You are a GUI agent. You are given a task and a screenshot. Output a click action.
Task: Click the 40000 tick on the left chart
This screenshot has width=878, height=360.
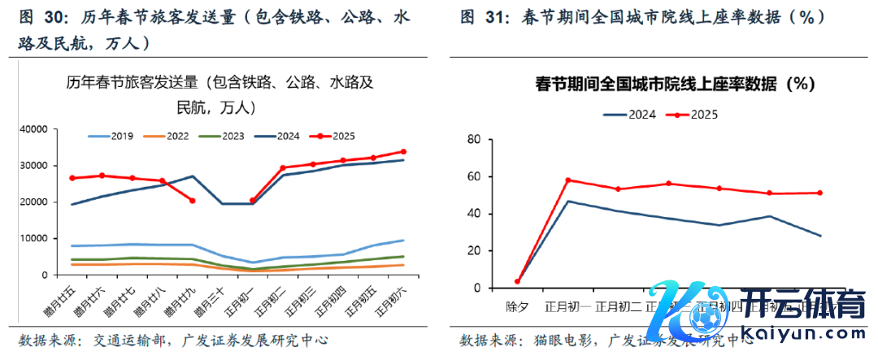point(33,129)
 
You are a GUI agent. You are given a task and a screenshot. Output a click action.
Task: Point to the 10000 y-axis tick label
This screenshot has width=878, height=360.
point(33,239)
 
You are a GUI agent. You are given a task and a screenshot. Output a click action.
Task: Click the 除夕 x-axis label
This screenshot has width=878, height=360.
point(517,306)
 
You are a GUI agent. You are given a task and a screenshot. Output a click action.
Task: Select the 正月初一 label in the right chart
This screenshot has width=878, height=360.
point(567,306)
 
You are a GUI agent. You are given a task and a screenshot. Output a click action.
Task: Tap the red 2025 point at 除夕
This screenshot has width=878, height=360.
point(517,281)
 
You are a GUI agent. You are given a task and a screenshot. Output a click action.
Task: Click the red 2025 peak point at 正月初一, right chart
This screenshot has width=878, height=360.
point(567,180)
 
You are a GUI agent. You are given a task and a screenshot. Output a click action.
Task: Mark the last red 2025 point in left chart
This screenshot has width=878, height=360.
point(403,152)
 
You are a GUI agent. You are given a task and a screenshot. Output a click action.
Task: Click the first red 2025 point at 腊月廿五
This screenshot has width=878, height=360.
point(72,178)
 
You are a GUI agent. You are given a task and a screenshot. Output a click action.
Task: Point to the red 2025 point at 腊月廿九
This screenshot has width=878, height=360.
point(192,201)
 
